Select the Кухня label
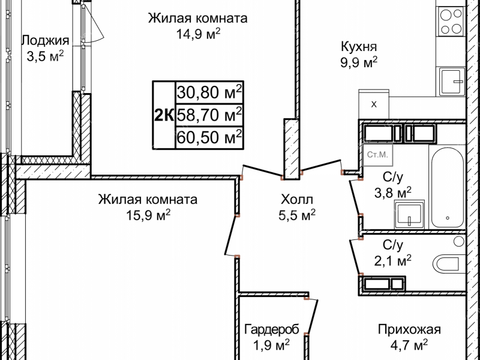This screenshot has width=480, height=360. (358, 47)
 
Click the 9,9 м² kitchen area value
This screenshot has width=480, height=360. (358, 62)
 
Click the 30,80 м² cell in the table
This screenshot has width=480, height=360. (209, 92)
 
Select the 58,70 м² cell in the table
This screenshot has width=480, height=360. (209, 114)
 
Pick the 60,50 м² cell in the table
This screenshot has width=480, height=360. (209, 136)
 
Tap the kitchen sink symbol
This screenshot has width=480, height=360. (451, 82)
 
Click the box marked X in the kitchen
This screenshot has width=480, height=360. (374, 104)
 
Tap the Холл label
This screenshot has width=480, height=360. (296, 199)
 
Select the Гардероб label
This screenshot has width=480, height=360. (268, 329)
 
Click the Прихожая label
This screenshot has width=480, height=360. (409, 329)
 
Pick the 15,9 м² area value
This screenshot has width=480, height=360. (148, 214)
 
